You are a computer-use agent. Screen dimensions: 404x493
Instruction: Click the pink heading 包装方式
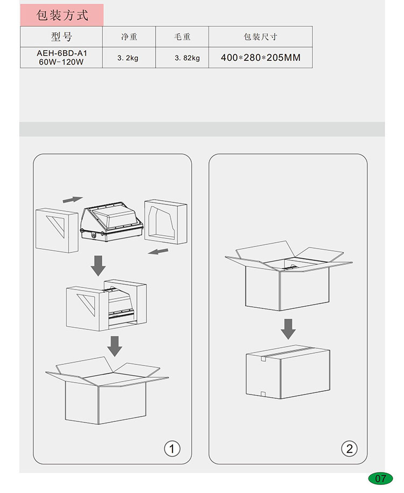coord(62,15)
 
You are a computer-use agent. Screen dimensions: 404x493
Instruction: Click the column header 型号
coord(61,37)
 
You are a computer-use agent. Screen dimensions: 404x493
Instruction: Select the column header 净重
coord(129,37)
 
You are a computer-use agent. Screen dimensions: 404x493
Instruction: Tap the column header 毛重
coord(182,37)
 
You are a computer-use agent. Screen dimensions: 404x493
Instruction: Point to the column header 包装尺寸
coord(260,37)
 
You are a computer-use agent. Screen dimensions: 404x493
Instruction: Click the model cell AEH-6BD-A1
coord(61,53)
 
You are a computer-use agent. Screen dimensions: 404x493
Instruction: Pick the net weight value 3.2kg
coord(128,58)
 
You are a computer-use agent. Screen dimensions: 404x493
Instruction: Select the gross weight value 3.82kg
coord(187,58)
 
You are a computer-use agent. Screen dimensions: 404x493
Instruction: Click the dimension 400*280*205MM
coord(261,58)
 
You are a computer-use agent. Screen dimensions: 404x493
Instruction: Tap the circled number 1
coord(172,449)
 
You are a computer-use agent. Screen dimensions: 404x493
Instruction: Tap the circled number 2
coord(349,449)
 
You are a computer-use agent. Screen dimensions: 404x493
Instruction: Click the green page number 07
coord(380,478)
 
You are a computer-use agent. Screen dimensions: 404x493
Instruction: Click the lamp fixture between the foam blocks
coord(112,222)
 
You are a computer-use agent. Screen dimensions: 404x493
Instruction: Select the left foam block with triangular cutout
coord(57,230)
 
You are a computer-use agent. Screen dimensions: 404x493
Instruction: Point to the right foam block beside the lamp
coord(166,221)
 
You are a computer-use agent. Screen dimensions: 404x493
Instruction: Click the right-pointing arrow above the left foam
coord(73,200)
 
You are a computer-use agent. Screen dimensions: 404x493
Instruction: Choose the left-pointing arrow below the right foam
coord(158,251)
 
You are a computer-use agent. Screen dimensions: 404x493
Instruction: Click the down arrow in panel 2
coord(288,329)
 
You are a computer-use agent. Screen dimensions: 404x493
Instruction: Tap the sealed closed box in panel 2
coord(288,372)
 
